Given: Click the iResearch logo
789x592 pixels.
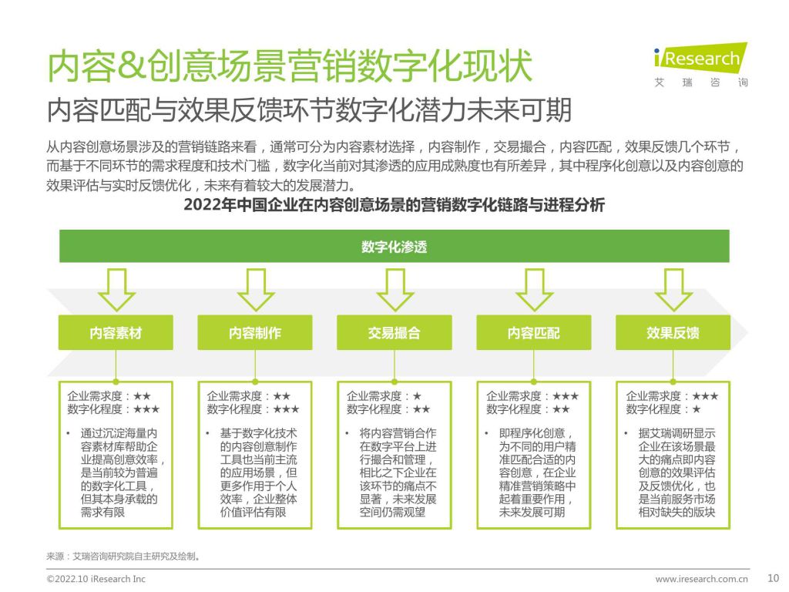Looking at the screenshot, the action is point(700,66).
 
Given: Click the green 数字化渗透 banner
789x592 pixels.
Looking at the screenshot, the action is point(394,246).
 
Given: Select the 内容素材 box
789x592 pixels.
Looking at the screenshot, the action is point(116,333).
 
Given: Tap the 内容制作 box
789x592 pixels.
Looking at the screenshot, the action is point(254,333).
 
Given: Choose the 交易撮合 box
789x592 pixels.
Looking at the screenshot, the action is point(394,333).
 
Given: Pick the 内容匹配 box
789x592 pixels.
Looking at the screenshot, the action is point(533,333).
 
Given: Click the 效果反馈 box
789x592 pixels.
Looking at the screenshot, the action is point(673,333).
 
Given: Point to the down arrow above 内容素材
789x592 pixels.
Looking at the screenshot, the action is point(116,290).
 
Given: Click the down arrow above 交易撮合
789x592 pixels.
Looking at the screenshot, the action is point(394,290).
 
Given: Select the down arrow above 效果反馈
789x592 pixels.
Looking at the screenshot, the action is point(673,290).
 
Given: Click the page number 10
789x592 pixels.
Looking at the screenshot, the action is point(773,578).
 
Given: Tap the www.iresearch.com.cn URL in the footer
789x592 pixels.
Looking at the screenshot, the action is point(701,579).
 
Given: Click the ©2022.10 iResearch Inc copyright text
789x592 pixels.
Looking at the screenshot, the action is point(96,579).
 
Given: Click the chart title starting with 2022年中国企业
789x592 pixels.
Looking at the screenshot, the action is point(394,205).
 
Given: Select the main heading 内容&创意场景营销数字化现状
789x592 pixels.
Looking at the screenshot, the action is point(290,66).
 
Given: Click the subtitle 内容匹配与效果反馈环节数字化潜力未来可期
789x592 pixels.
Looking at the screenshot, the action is point(309,109).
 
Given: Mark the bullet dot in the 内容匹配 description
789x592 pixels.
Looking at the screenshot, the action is point(487,433).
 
